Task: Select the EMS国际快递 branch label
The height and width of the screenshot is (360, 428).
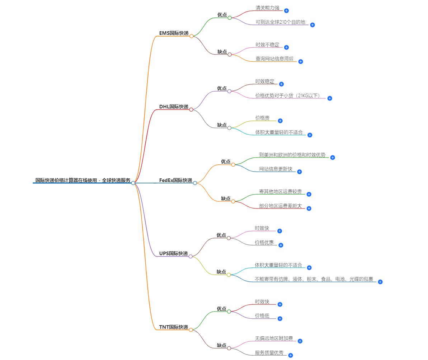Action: [174, 33]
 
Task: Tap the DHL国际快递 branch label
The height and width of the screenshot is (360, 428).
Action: [174, 107]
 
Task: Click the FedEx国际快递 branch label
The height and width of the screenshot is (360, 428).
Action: [175, 180]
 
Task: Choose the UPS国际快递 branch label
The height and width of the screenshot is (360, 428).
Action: [173, 253]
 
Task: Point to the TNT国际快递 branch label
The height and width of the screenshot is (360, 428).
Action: [173, 327]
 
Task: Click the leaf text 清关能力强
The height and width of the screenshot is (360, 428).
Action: [267, 8]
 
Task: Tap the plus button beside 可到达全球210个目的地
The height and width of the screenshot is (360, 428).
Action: [312, 25]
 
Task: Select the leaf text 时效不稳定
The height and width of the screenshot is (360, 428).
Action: [267, 45]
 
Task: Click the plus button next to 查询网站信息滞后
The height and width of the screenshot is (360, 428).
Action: [301, 61]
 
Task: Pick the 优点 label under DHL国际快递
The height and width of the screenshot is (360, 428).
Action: [222, 88]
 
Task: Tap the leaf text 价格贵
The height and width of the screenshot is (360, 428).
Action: [262, 118]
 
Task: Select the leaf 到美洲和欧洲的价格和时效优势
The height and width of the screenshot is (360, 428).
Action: [292, 155]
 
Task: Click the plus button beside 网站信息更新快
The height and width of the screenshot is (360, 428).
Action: [300, 172]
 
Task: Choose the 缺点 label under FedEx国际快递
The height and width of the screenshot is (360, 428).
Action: [226, 198]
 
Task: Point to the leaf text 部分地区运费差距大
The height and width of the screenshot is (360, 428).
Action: [280, 206]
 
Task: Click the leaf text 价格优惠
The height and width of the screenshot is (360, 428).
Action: [264, 243]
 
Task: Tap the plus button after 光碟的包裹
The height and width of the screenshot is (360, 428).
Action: [380, 282]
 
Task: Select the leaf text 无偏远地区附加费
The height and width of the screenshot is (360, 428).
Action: [274, 338]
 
